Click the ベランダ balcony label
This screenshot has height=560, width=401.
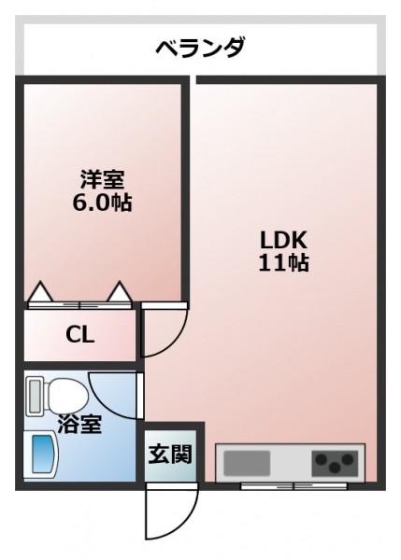200,48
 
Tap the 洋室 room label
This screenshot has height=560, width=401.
102,179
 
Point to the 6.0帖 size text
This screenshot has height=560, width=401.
102,203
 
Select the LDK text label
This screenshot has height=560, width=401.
283,240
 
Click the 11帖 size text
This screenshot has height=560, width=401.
283,263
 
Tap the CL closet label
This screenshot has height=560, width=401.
80,335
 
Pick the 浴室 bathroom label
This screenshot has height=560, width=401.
79,424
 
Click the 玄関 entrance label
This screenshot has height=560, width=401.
170,454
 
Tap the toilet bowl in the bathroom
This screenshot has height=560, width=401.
67,396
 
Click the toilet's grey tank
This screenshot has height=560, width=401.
36,397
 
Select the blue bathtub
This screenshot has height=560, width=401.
43,454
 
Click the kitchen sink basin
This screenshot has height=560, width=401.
247,463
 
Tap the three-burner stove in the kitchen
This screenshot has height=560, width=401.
335,463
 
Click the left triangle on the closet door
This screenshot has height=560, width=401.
41,291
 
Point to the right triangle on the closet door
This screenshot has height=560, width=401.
121,291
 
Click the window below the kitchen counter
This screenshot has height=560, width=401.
294,485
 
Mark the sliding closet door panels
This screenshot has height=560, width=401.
80,305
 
